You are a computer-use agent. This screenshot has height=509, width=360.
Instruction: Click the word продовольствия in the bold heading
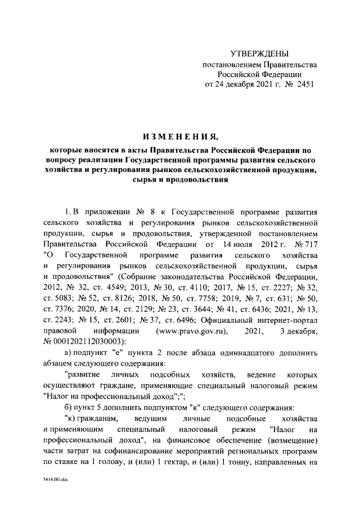tap(203, 182)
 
